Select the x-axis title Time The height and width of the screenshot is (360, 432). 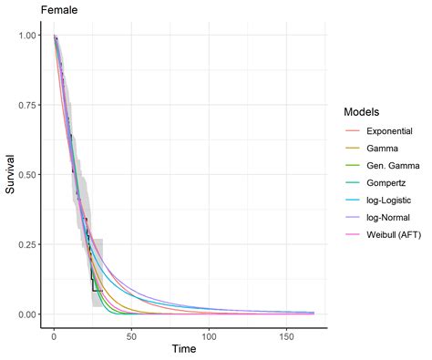tap(184, 349)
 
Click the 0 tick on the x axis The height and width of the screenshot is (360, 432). tap(54, 334)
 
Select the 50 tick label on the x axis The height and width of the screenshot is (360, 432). tap(131, 334)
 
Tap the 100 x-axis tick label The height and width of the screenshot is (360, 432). tap(209, 334)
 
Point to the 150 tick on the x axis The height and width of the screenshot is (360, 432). tap(286, 334)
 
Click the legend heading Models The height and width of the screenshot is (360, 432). tap(363, 112)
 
